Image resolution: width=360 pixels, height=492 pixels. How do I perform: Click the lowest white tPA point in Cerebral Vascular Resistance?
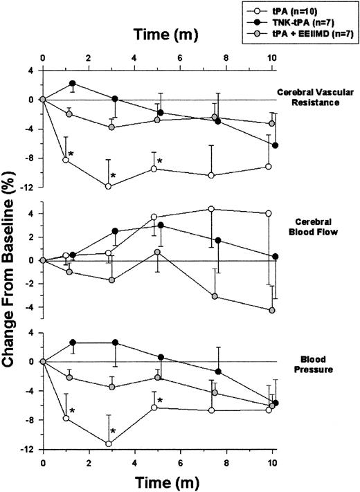tap(108, 186)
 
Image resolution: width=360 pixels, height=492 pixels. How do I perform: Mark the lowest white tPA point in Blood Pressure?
tap(109, 444)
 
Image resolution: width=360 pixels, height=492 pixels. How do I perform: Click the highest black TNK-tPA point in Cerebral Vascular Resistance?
tap(73, 83)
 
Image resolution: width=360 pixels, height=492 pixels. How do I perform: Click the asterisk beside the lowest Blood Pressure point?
tap(114, 431)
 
